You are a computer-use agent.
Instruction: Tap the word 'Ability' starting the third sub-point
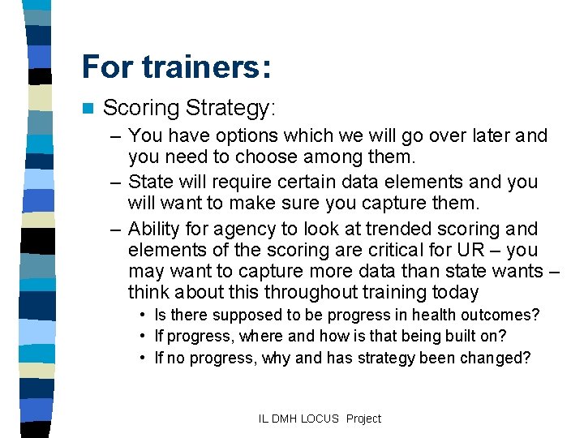156,229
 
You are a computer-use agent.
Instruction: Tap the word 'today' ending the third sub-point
454,292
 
